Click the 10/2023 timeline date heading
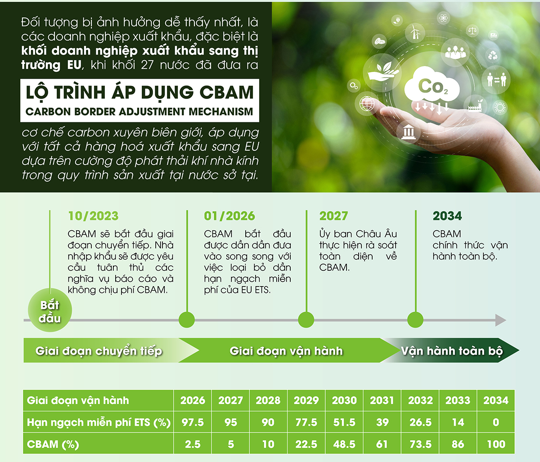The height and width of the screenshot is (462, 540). pyautogui.click(x=93, y=216)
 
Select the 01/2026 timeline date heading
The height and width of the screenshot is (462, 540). pyautogui.click(x=229, y=216)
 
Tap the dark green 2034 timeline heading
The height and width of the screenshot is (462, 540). pyautogui.click(x=447, y=216)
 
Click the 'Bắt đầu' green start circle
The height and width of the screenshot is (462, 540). pyautogui.click(x=49, y=311)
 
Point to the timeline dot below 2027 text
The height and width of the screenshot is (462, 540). pyautogui.click(x=306, y=320)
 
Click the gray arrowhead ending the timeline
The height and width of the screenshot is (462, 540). pyautogui.click(x=500, y=320)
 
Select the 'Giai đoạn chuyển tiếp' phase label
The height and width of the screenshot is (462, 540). pyautogui.click(x=99, y=351)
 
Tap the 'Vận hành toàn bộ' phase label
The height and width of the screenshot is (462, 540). pyautogui.click(x=451, y=351)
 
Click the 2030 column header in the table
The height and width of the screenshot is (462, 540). pyautogui.click(x=344, y=400)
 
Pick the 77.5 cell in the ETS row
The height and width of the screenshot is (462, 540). pyautogui.click(x=306, y=422)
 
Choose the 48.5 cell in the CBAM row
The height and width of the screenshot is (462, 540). pyautogui.click(x=344, y=444)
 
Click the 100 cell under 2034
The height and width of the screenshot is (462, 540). pyautogui.click(x=496, y=444)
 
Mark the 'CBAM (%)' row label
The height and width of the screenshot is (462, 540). pyautogui.click(x=53, y=444)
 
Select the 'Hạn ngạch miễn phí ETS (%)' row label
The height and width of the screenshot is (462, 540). pyautogui.click(x=99, y=422)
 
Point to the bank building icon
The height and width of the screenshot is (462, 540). pyautogui.click(x=409, y=133)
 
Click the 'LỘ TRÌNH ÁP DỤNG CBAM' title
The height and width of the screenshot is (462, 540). pyautogui.click(x=140, y=92)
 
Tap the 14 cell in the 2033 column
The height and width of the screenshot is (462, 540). pyautogui.click(x=458, y=422)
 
